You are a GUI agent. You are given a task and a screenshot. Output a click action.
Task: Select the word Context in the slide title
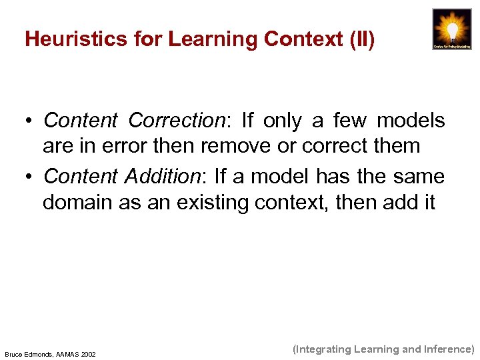click(x=303, y=40)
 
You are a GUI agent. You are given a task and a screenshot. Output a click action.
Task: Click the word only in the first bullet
click(x=282, y=121)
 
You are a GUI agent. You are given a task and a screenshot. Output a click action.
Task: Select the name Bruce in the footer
click(x=15, y=354)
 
